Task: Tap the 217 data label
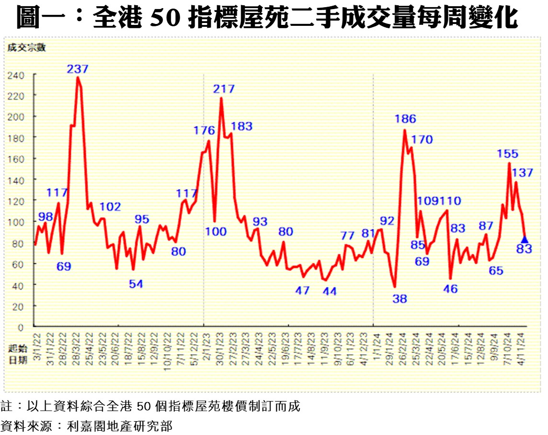tap(224, 89)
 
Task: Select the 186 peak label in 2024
tap(406, 119)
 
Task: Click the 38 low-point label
tap(400, 300)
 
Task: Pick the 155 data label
tap(508, 154)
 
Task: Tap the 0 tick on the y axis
tap(22, 327)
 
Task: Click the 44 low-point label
tap(329, 291)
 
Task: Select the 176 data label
tap(204, 130)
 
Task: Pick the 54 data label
tap(136, 284)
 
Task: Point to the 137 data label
tap(523, 173)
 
